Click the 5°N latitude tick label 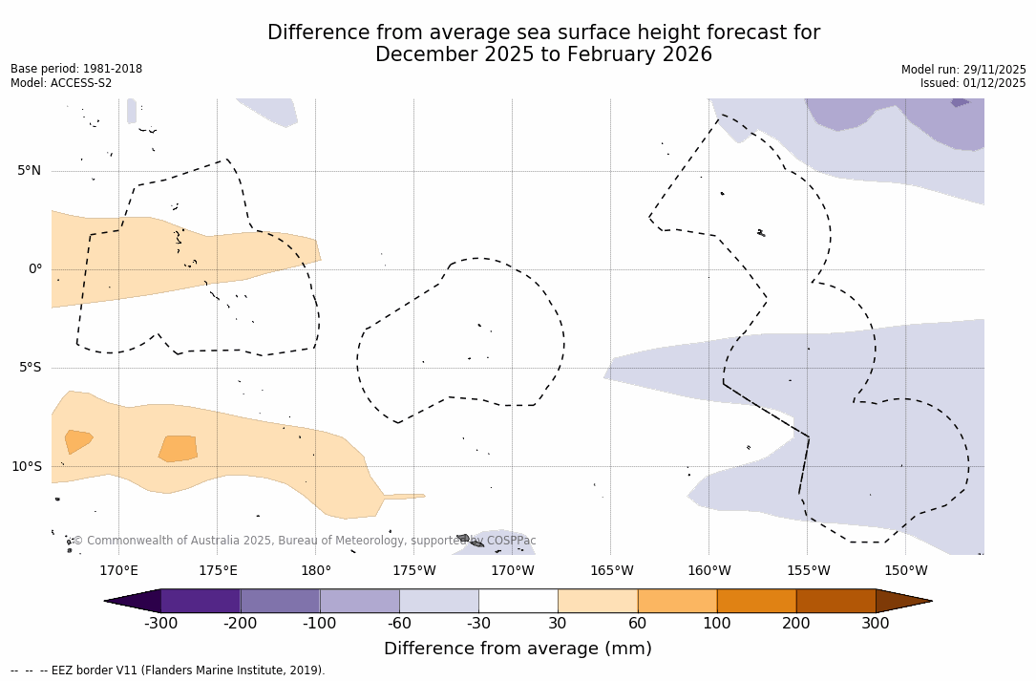click(x=29, y=171)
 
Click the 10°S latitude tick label click(x=26, y=467)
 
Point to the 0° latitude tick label click(x=35, y=269)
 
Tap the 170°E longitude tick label click(x=118, y=571)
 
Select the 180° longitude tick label click(x=316, y=571)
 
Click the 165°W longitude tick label click(x=611, y=571)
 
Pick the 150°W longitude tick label click(x=905, y=571)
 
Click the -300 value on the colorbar click(x=161, y=624)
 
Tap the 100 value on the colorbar click(x=717, y=624)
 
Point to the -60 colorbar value click(x=399, y=624)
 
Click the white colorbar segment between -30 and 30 click(x=518, y=601)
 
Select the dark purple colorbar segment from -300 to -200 click(x=201, y=601)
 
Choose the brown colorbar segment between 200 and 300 click(x=835, y=601)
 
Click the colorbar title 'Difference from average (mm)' click(x=518, y=649)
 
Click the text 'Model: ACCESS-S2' click(x=61, y=83)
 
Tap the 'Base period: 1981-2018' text click(x=76, y=69)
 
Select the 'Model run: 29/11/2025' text click(x=963, y=70)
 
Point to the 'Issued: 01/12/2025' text click(x=973, y=83)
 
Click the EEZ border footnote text click(x=168, y=670)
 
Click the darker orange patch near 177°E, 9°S click(x=179, y=448)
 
